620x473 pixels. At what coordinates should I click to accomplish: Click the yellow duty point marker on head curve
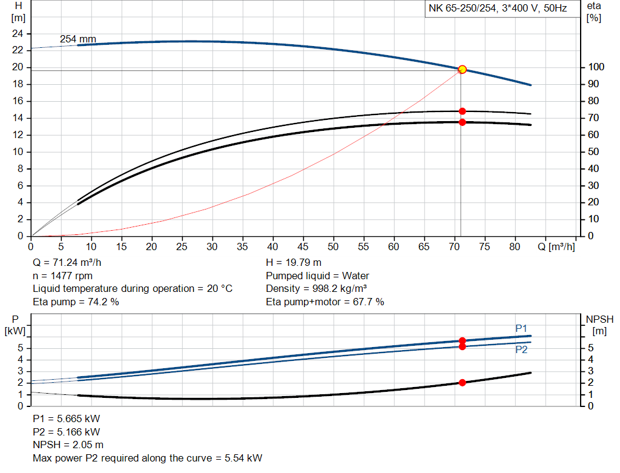click(x=462, y=70)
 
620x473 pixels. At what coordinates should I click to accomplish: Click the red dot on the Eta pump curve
click(x=462, y=111)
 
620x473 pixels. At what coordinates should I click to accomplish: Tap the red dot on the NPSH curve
click(x=462, y=383)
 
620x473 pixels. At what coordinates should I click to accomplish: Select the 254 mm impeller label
click(x=77, y=39)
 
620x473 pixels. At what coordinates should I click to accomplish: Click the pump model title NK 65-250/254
click(x=498, y=9)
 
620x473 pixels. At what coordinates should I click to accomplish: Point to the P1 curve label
click(x=521, y=328)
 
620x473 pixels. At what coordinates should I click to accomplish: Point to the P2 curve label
click(x=521, y=350)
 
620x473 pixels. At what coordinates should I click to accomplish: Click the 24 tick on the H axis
click(x=18, y=33)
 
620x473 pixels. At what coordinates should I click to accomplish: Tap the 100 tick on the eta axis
click(x=595, y=67)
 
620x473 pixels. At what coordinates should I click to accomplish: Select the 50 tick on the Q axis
click(x=333, y=247)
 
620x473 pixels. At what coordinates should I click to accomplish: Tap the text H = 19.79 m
click(x=294, y=263)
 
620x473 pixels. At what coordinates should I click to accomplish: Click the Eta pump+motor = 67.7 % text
click(x=325, y=302)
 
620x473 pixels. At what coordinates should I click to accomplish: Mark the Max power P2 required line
click(x=148, y=458)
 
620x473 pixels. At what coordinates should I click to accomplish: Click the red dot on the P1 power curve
click(x=462, y=341)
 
